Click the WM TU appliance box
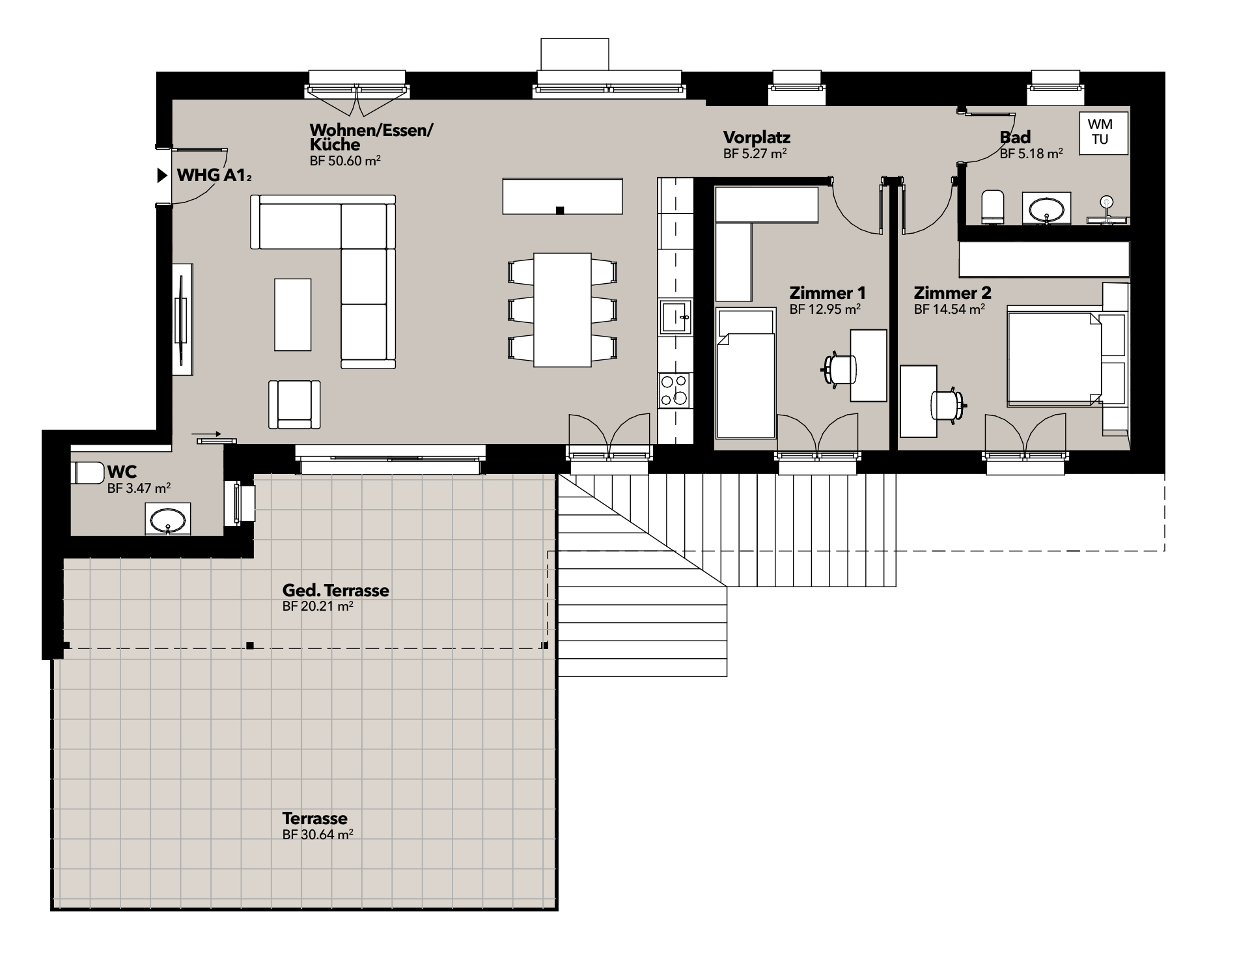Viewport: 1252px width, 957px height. pyautogui.click(x=1104, y=133)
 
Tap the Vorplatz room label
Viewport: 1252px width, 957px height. pyautogui.click(x=757, y=137)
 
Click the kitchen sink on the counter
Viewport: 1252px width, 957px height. pyautogui.click(x=675, y=317)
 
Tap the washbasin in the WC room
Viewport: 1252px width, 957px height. pyautogui.click(x=168, y=520)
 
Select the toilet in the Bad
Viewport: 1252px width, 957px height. pyautogui.click(x=992, y=207)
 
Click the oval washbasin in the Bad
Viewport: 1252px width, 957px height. pyautogui.click(x=1046, y=209)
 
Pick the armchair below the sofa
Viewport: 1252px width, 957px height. pyautogui.click(x=294, y=404)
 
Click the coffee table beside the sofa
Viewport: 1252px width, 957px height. pyautogui.click(x=292, y=314)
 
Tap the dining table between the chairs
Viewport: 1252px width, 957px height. pyautogui.click(x=563, y=310)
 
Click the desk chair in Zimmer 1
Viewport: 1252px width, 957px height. pyautogui.click(x=839, y=370)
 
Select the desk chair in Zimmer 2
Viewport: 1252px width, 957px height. pyautogui.click(x=948, y=405)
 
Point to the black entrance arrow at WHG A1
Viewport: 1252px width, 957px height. pyautogui.click(x=162, y=175)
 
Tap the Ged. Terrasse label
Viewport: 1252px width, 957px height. pyautogui.click(x=335, y=590)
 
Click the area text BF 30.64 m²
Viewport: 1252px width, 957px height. pyautogui.click(x=318, y=835)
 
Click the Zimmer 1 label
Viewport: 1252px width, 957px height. pyautogui.click(x=828, y=293)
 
